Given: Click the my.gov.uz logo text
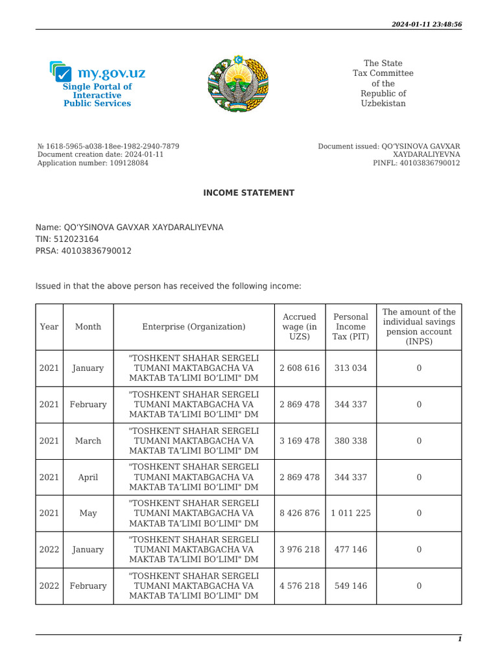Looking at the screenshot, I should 111,73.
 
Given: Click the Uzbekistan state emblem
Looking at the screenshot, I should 237,83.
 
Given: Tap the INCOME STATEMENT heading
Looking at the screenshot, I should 249,193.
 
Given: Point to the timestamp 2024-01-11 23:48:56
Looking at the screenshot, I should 427,24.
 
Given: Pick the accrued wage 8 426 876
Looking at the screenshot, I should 300,513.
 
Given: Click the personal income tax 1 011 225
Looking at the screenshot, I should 351,513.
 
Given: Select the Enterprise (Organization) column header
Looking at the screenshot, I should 194,327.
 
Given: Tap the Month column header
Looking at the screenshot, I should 88,327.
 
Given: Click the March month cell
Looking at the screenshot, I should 88,441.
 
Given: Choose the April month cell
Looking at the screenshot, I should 88,477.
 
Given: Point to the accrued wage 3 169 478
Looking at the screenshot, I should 300,441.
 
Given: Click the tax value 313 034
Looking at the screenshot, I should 351,368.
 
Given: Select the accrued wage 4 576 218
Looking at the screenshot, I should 300,586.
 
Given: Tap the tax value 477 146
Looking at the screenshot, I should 351,549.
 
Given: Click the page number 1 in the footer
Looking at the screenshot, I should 460,639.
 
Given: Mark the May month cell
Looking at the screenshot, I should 88,513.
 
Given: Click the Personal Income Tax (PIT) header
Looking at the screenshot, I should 351,327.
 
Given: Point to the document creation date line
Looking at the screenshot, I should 101,155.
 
